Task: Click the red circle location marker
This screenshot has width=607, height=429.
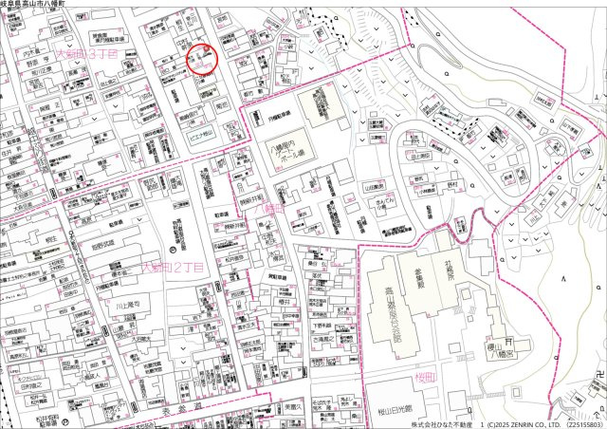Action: [202, 59]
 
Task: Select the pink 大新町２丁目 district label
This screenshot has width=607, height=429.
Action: [172, 269]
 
